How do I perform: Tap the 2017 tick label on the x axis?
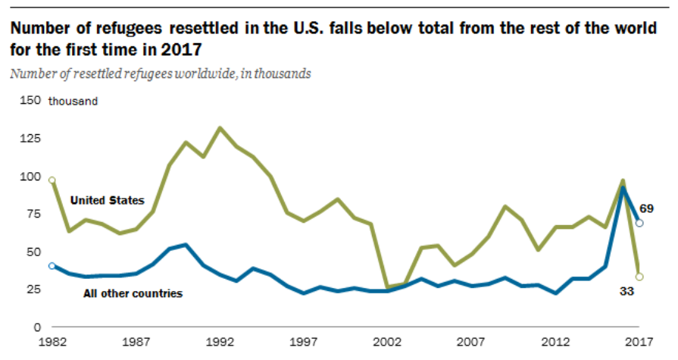[x=639, y=343]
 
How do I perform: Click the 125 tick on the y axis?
[x=29, y=139]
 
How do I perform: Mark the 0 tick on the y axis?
[x=35, y=327]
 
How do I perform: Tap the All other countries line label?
[x=133, y=293]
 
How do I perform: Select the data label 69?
[x=647, y=208]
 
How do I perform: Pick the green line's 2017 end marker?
[x=639, y=277]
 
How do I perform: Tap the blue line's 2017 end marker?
[x=639, y=223]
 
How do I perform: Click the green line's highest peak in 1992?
[x=220, y=128]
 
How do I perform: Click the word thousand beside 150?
[x=73, y=102]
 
